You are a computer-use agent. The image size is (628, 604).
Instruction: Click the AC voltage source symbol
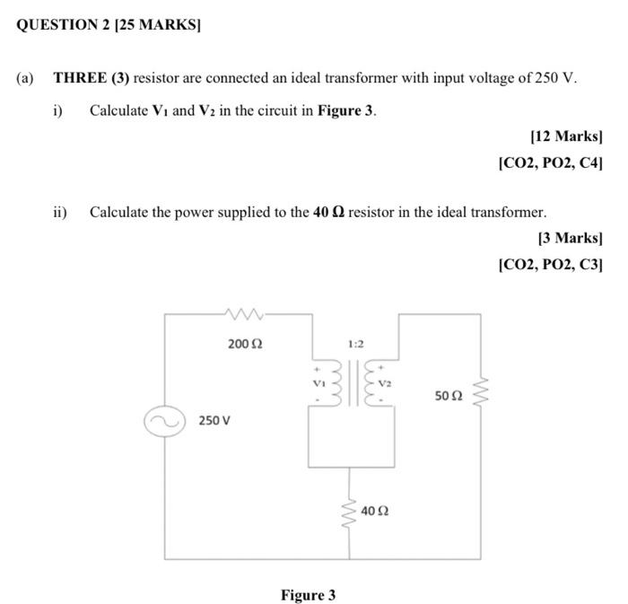pyautogui.click(x=164, y=421)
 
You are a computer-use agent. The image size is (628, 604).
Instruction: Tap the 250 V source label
pyautogui.click(x=214, y=421)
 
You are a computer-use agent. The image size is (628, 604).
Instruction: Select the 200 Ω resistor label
pyautogui.click(x=245, y=344)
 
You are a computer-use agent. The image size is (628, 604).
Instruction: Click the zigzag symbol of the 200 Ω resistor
pyautogui.click(x=244, y=314)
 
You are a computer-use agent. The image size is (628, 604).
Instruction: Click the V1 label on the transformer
pyautogui.click(x=316, y=382)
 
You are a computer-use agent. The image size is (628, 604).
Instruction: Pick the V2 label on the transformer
pyautogui.click(x=384, y=382)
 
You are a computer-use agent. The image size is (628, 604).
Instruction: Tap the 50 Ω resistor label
pyautogui.click(x=449, y=395)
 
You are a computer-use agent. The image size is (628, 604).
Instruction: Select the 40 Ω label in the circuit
pyautogui.click(x=375, y=511)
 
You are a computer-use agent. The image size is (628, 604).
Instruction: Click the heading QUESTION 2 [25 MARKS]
pyautogui.click(x=109, y=25)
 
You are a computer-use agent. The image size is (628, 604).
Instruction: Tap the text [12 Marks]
pyautogui.click(x=566, y=136)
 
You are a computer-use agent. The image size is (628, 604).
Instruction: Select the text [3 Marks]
pyautogui.click(x=570, y=238)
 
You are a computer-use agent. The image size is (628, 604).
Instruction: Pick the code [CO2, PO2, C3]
pyautogui.click(x=550, y=265)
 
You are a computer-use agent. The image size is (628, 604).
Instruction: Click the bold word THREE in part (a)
pyautogui.click(x=78, y=78)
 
